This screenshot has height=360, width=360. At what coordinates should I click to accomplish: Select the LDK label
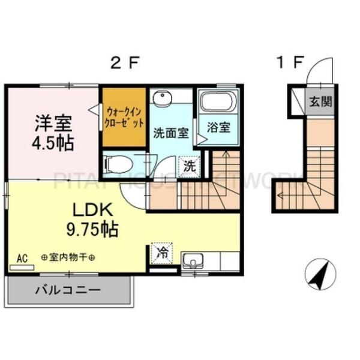[x=92, y=209]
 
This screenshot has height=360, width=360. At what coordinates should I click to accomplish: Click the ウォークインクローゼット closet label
[x=125, y=117]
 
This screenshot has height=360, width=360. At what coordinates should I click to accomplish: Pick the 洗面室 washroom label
[x=171, y=133]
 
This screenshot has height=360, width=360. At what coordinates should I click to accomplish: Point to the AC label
[x=22, y=258]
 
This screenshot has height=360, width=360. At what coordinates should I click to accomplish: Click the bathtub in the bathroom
[x=218, y=101]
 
